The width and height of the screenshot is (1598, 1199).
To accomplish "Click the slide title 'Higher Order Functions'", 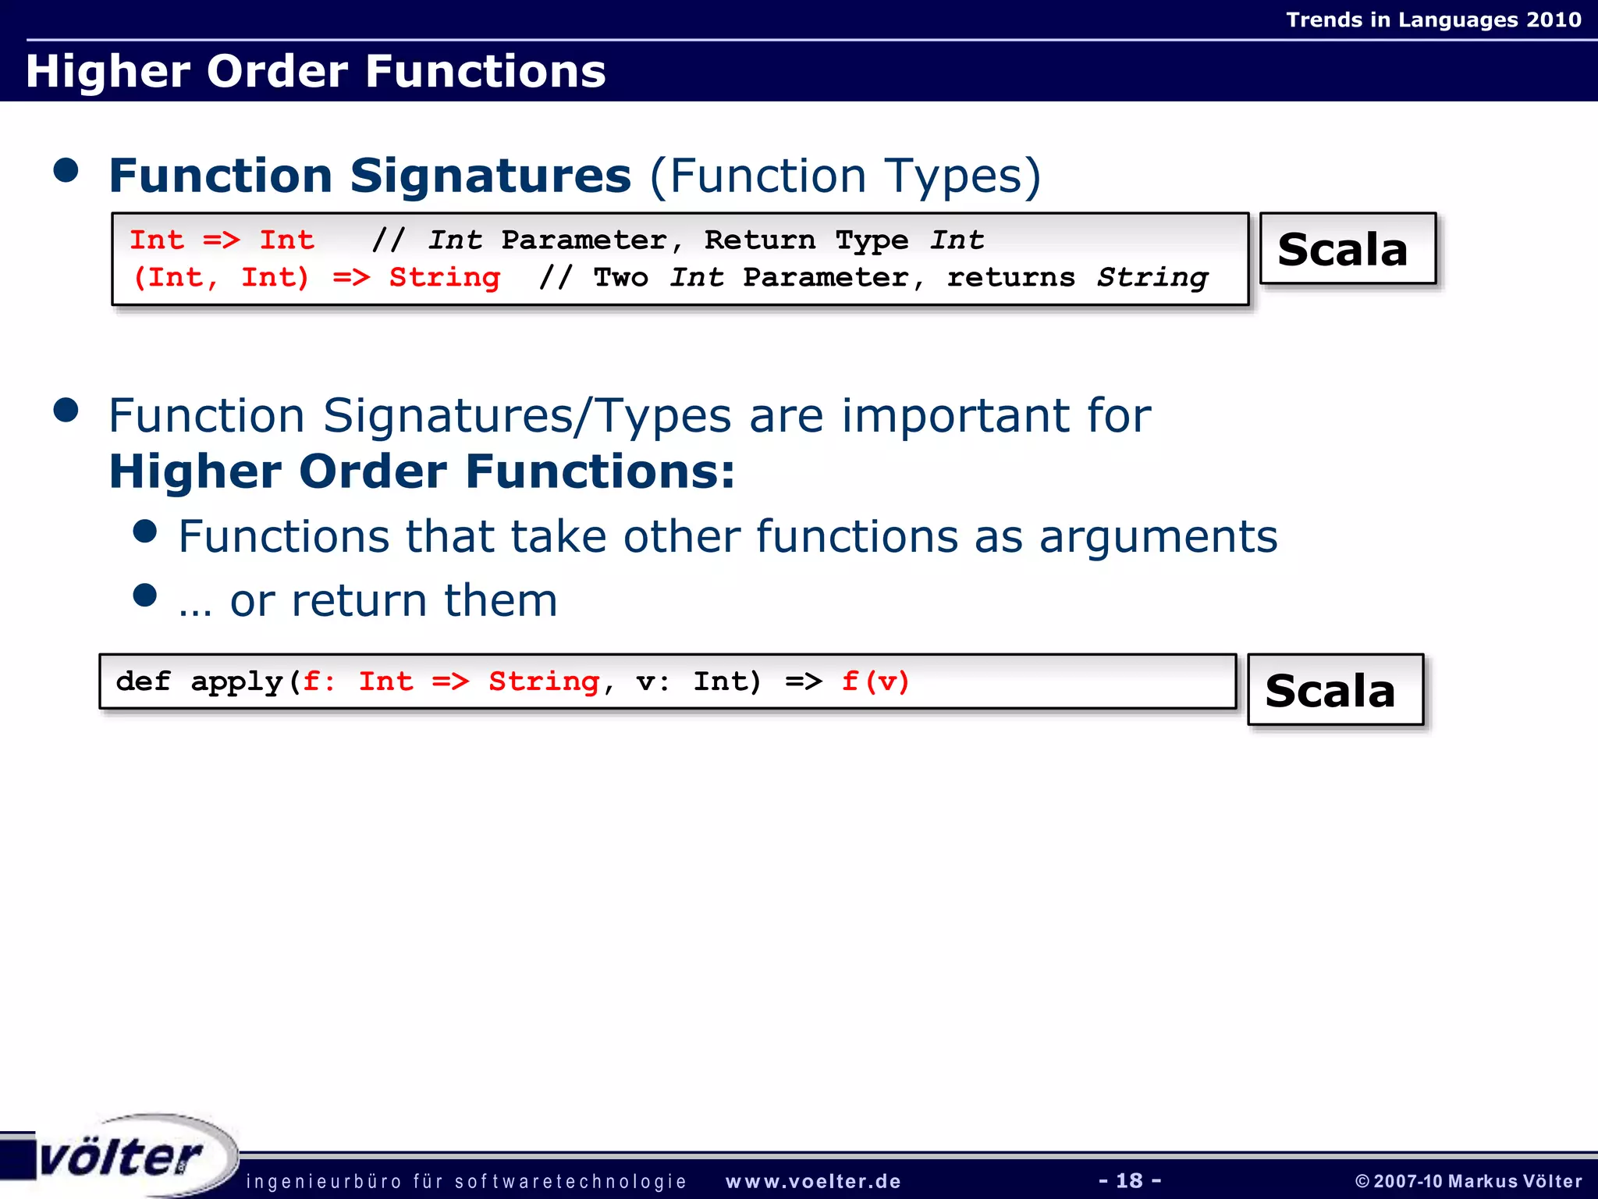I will pyautogui.click(x=315, y=71).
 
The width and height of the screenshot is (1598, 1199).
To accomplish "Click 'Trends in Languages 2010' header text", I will pyautogui.click(x=1433, y=20).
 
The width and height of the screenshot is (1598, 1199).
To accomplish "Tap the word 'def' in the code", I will pyautogui.click(x=143, y=681).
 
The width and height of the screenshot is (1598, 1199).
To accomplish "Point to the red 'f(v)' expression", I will pyautogui.click(x=875, y=681).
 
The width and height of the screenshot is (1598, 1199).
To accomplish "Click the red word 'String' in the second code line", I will pyautogui.click(x=445, y=278).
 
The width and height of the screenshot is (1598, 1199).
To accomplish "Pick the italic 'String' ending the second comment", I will pyautogui.click(x=1152, y=278).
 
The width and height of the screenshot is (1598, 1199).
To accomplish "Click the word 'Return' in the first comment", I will pyautogui.click(x=759, y=240).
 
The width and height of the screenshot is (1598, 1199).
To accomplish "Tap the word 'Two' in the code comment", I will pyautogui.click(x=620, y=278).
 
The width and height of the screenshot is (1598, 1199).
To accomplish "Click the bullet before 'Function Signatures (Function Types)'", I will pyautogui.click(x=66, y=170).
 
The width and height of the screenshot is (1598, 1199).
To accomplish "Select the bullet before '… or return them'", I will pyautogui.click(x=145, y=596).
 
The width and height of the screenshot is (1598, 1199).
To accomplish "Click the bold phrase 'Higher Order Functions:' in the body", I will pyautogui.click(x=421, y=472).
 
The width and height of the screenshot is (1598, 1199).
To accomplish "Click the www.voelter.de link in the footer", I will pyautogui.click(x=813, y=1181).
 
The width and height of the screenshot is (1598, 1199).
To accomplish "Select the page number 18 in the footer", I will pyautogui.click(x=1129, y=1180).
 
